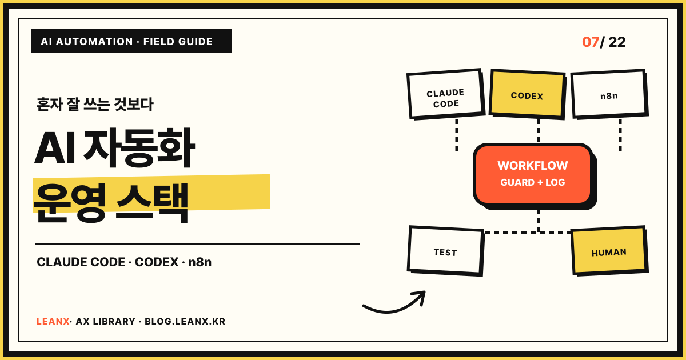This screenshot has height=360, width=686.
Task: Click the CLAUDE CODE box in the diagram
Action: pyautogui.click(x=446, y=94)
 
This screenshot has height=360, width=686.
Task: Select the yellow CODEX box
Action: pyautogui.click(x=527, y=94)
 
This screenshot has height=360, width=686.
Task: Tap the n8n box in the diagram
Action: pyautogui.click(x=609, y=94)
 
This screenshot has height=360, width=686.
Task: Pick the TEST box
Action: pyautogui.click(x=445, y=251)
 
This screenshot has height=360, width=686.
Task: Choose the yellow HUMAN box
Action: pyautogui.click(x=609, y=251)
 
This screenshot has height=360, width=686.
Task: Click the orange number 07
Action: pyautogui.click(x=591, y=42)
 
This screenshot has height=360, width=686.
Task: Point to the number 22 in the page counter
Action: pyautogui.click(x=617, y=42)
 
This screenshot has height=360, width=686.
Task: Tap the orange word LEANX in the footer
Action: pyautogui.click(x=53, y=321)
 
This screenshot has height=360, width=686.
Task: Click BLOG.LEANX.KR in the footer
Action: pyautogui.click(x=185, y=321)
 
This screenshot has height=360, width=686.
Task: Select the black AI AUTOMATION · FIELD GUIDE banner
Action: pyautogui.click(x=131, y=41)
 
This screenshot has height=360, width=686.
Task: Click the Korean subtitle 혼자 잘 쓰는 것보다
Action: pyautogui.click(x=95, y=105)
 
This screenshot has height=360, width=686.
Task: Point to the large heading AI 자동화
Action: pyautogui.click(x=114, y=148)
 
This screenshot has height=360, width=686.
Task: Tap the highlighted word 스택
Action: pyautogui.click(x=152, y=202)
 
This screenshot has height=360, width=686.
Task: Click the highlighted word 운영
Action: pyautogui.click(x=70, y=202)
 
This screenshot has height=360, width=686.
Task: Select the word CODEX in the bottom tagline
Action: pyautogui.click(x=157, y=262)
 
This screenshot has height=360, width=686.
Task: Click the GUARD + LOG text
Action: pyautogui.click(x=533, y=182)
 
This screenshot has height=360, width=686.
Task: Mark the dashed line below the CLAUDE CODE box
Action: pyautogui.click(x=457, y=135)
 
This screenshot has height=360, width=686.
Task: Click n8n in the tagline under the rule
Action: pyautogui.click(x=200, y=262)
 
